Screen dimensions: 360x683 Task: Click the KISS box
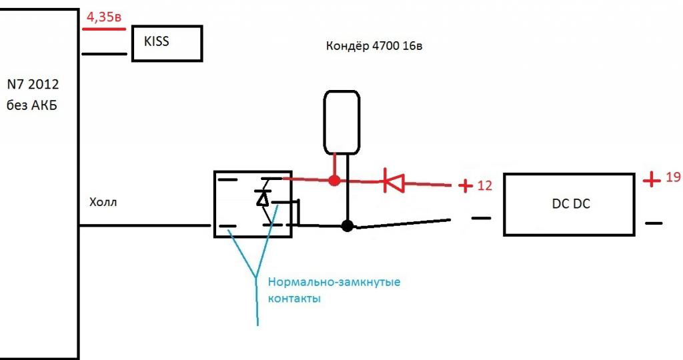(x=167, y=43)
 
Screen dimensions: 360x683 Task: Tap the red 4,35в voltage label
(x=101, y=17)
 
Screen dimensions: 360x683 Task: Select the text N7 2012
(x=33, y=85)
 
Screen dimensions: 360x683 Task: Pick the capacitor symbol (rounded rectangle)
(x=341, y=121)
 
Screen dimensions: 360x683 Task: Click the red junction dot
(x=334, y=180)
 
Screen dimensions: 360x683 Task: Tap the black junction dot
(x=347, y=225)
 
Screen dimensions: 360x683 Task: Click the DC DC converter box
(x=568, y=204)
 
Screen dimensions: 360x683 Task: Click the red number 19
(x=672, y=177)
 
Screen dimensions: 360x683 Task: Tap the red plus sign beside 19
(x=651, y=179)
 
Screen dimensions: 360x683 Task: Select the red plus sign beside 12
(x=465, y=185)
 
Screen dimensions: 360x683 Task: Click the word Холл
(x=103, y=202)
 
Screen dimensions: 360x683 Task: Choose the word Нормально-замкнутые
(x=333, y=282)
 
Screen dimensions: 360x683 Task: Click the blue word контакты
(x=294, y=299)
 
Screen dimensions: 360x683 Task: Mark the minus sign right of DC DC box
(x=654, y=223)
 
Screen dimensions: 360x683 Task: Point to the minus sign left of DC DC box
(x=481, y=218)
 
